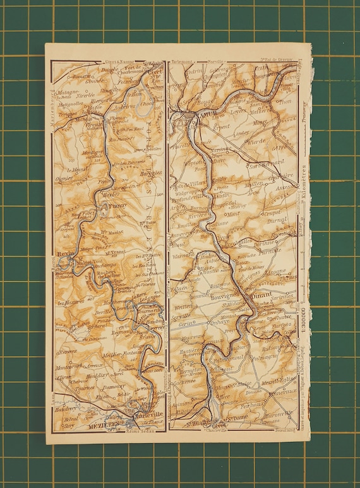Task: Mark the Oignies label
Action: [64, 179]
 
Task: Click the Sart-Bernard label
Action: [260, 165]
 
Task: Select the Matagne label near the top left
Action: [66, 92]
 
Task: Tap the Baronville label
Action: [279, 415]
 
